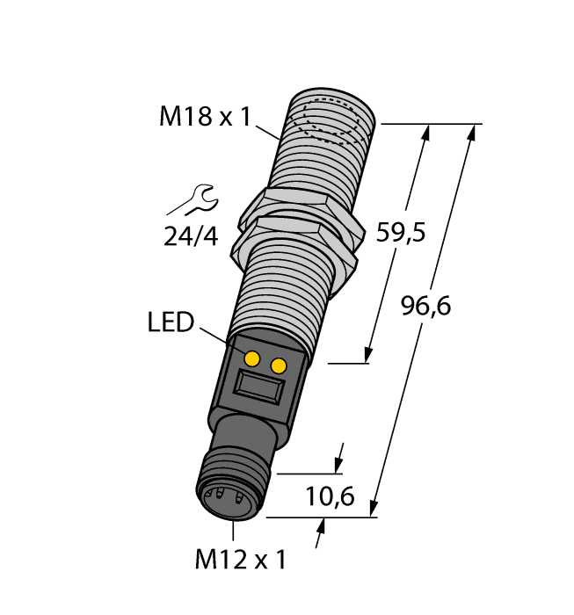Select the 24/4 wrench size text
point(190,236)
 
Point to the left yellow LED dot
point(252,358)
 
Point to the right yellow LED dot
point(280,365)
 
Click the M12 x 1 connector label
point(240,558)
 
